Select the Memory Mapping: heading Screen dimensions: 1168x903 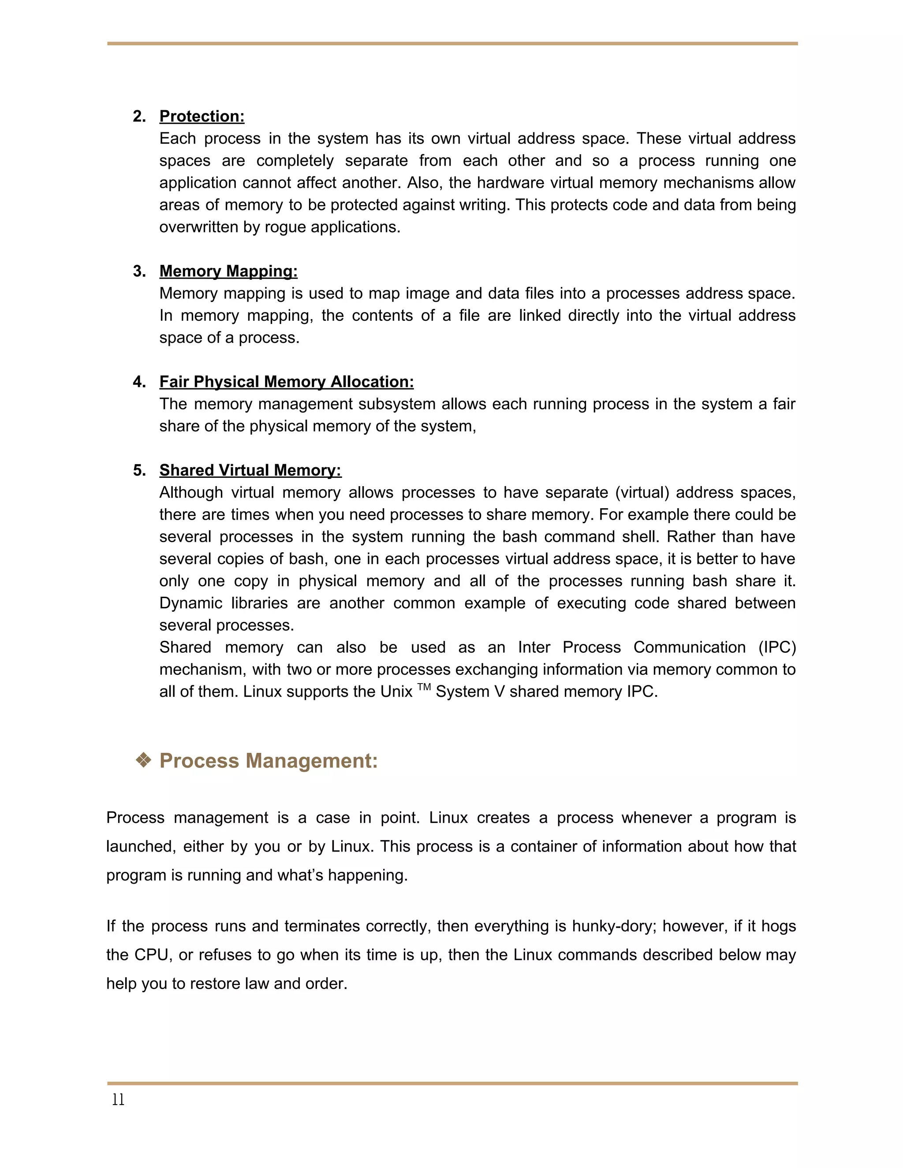click(x=228, y=271)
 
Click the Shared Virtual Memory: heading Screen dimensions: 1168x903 click(x=250, y=470)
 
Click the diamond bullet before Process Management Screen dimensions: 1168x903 click(x=143, y=760)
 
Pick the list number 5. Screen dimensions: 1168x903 click(x=139, y=470)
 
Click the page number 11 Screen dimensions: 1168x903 click(x=118, y=1100)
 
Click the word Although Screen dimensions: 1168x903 click(x=191, y=493)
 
